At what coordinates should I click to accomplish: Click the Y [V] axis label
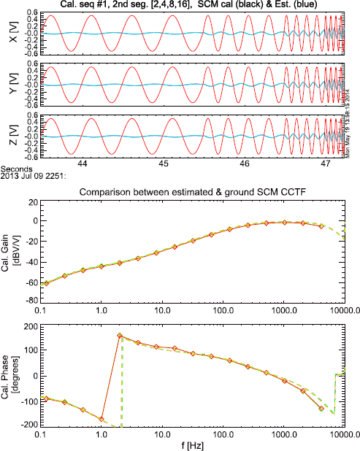[x=8, y=85]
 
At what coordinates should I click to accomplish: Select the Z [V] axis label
[x=8, y=136]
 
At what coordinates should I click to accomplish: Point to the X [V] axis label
[x=8, y=34]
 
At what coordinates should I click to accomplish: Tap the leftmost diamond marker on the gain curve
[x=47, y=283]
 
